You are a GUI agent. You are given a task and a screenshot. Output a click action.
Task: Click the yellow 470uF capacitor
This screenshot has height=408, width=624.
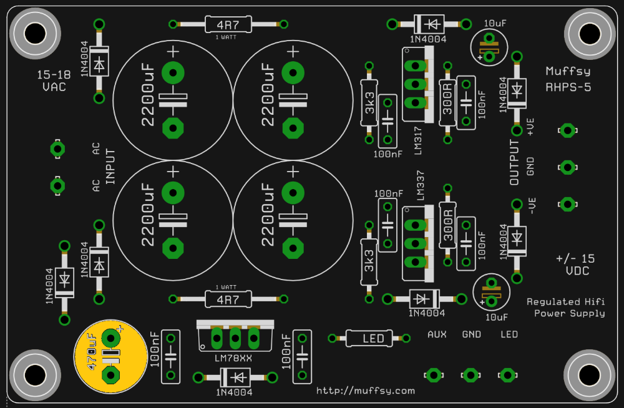pyautogui.click(x=110, y=357)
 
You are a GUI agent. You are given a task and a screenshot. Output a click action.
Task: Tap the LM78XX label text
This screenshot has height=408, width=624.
pyautogui.click(x=233, y=358)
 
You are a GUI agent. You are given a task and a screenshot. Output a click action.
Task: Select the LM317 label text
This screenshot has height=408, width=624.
pyautogui.click(x=418, y=140)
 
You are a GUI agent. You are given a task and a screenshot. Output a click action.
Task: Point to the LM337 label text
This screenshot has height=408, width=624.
pyautogui.click(x=420, y=185)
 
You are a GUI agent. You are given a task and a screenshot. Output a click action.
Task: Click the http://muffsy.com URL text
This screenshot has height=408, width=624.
pyautogui.click(x=365, y=391)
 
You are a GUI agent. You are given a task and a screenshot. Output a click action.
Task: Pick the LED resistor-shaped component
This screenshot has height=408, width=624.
pyautogui.click(x=369, y=338)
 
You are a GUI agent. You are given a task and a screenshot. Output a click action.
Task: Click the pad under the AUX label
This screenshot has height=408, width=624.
pyautogui.click(x=434, y=375)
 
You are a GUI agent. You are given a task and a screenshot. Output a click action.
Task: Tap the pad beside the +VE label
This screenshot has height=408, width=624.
pyautogui.click(x=567, y=130)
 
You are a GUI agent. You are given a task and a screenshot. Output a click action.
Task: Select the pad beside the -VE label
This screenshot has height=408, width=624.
pyautogui.click(x=567, y=204)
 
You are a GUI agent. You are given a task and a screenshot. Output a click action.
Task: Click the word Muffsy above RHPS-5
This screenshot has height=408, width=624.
pyautogui.click(x=568, y=72)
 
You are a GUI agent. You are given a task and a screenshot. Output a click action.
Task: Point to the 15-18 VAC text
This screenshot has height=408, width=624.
pyautogui.click(x=54, y=80)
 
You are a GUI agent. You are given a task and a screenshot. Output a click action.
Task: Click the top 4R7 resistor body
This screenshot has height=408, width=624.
pyautogui.click(x=228, y=24)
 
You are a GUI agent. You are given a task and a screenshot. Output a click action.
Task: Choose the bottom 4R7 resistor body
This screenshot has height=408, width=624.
pyautogui.click(x=228, y=299)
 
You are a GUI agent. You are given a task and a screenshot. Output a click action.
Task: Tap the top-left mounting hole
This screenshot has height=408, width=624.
pyautogui.click(x=35, y=34)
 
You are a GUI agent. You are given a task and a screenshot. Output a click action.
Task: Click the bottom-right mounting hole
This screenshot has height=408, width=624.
pyautogui.click(x=590, y=375)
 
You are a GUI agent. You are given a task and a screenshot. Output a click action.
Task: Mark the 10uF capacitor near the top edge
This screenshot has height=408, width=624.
pyautogui.click(x=489, y=47)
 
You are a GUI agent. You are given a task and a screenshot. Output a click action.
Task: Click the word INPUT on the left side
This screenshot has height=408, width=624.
pyautogui.click(x=110, y=167)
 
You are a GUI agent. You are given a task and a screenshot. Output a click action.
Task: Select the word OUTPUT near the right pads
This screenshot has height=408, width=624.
pyautogui.click(x=514, y=162)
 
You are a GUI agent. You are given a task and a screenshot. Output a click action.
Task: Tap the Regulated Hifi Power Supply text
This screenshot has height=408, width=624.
pyautogui.click(x=565, y=308)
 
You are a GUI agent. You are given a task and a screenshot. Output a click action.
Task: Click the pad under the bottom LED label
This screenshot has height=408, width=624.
pyautogui.click(x=507, y=375)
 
